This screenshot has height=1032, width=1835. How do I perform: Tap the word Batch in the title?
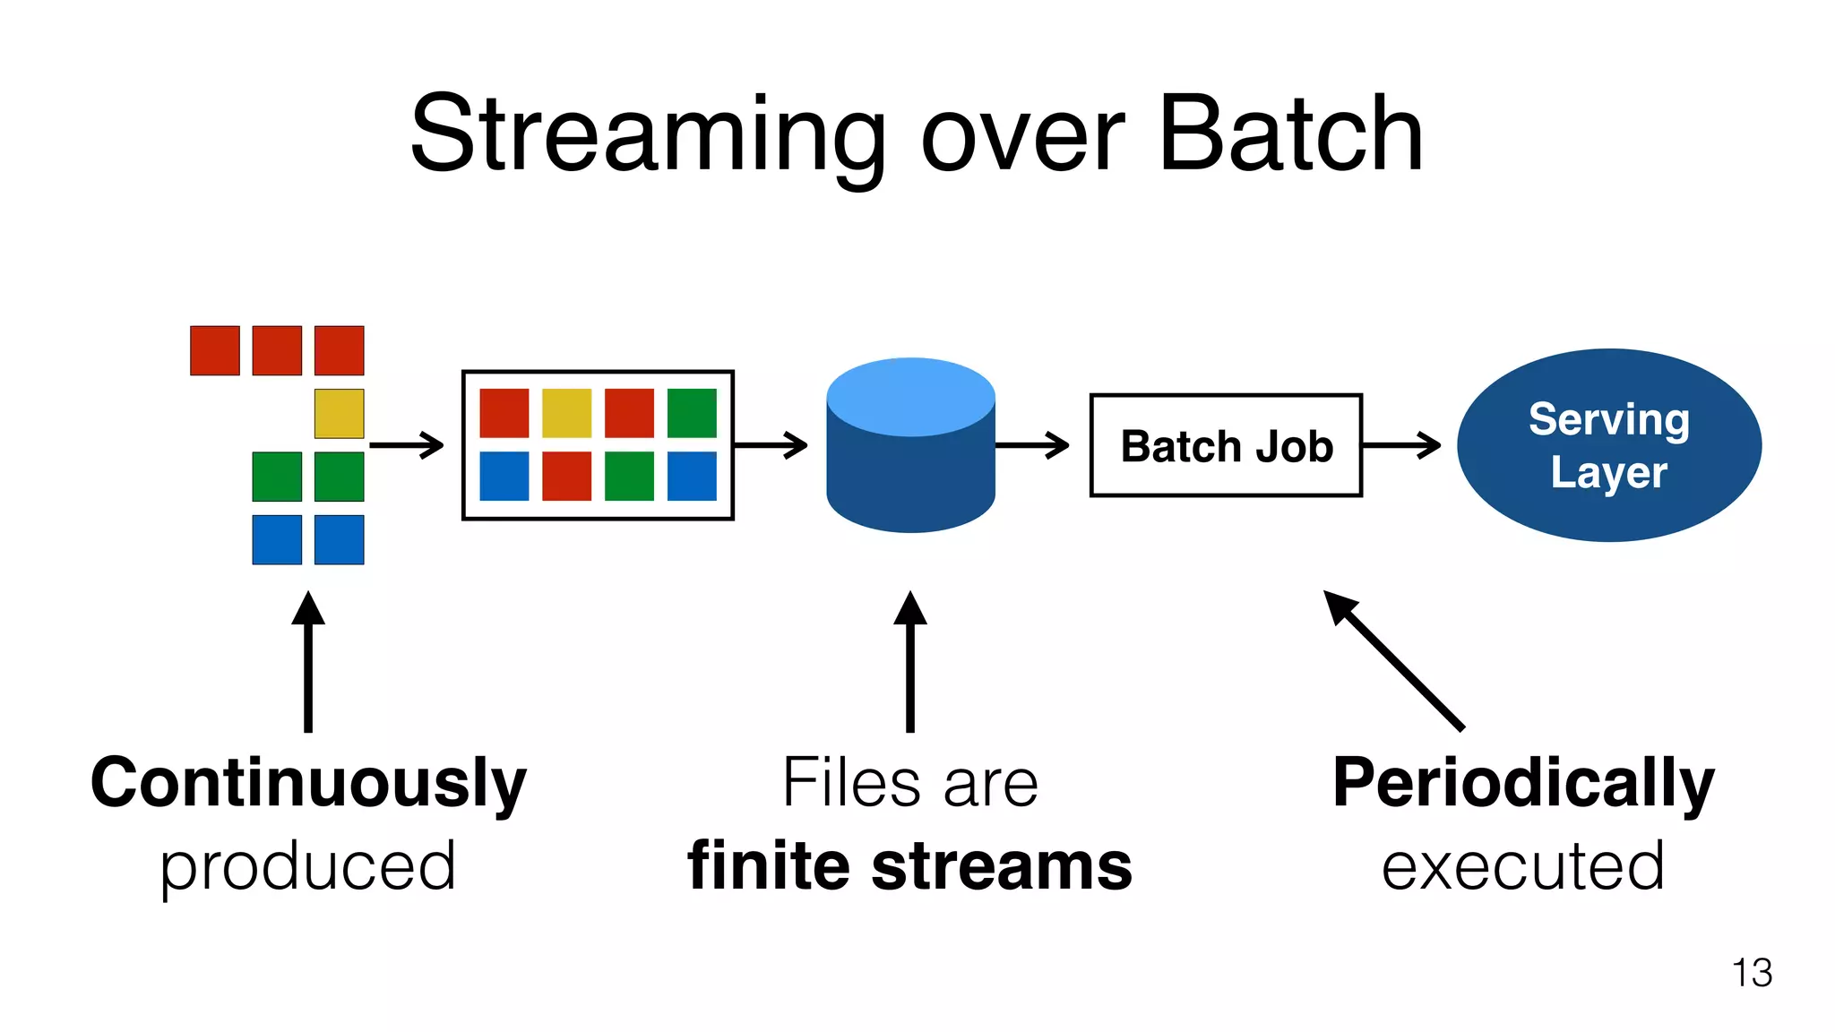(1290, 134)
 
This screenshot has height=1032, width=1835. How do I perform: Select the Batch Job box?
(1226, 445)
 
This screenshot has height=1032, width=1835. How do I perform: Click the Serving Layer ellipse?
(1608, 445)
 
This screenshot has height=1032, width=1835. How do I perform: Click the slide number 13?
(1752, 973)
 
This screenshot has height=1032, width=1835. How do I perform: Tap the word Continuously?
(308, 783)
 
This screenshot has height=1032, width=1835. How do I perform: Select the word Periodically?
(1523, 783)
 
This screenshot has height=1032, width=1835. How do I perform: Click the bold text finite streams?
(909, 866)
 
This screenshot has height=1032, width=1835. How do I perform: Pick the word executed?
(1522, 866)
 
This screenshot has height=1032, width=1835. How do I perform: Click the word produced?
(308, 866)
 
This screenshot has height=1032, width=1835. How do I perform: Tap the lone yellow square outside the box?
(339, 413)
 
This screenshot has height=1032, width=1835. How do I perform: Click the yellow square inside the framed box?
(566, 413)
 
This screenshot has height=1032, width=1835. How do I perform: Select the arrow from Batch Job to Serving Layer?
(1401, 445)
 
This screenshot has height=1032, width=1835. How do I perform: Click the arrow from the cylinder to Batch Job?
(1032, 445)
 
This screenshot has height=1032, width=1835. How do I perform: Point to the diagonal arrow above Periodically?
(1394, 660)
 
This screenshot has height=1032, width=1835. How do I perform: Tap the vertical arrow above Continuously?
(308, 663)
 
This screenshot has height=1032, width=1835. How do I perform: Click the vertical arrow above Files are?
(910, 663)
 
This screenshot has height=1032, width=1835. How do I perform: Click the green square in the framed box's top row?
(692, 413)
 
